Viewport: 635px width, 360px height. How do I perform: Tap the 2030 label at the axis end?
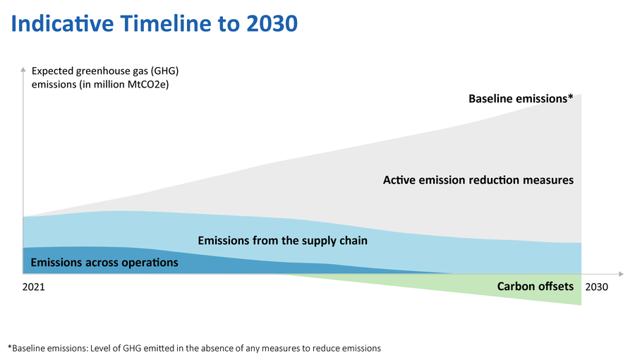coord(596,288)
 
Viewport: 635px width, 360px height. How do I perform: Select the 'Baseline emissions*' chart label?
coord(520,99)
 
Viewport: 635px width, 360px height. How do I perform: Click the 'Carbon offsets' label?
coord(535,286)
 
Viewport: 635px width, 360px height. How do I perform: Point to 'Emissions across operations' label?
coord(104,263)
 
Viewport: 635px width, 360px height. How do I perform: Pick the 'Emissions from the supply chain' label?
coord(282,241)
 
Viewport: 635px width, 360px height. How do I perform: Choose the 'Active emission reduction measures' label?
coord(478,180)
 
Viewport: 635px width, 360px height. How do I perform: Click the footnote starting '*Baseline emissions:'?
coord(194,348)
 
